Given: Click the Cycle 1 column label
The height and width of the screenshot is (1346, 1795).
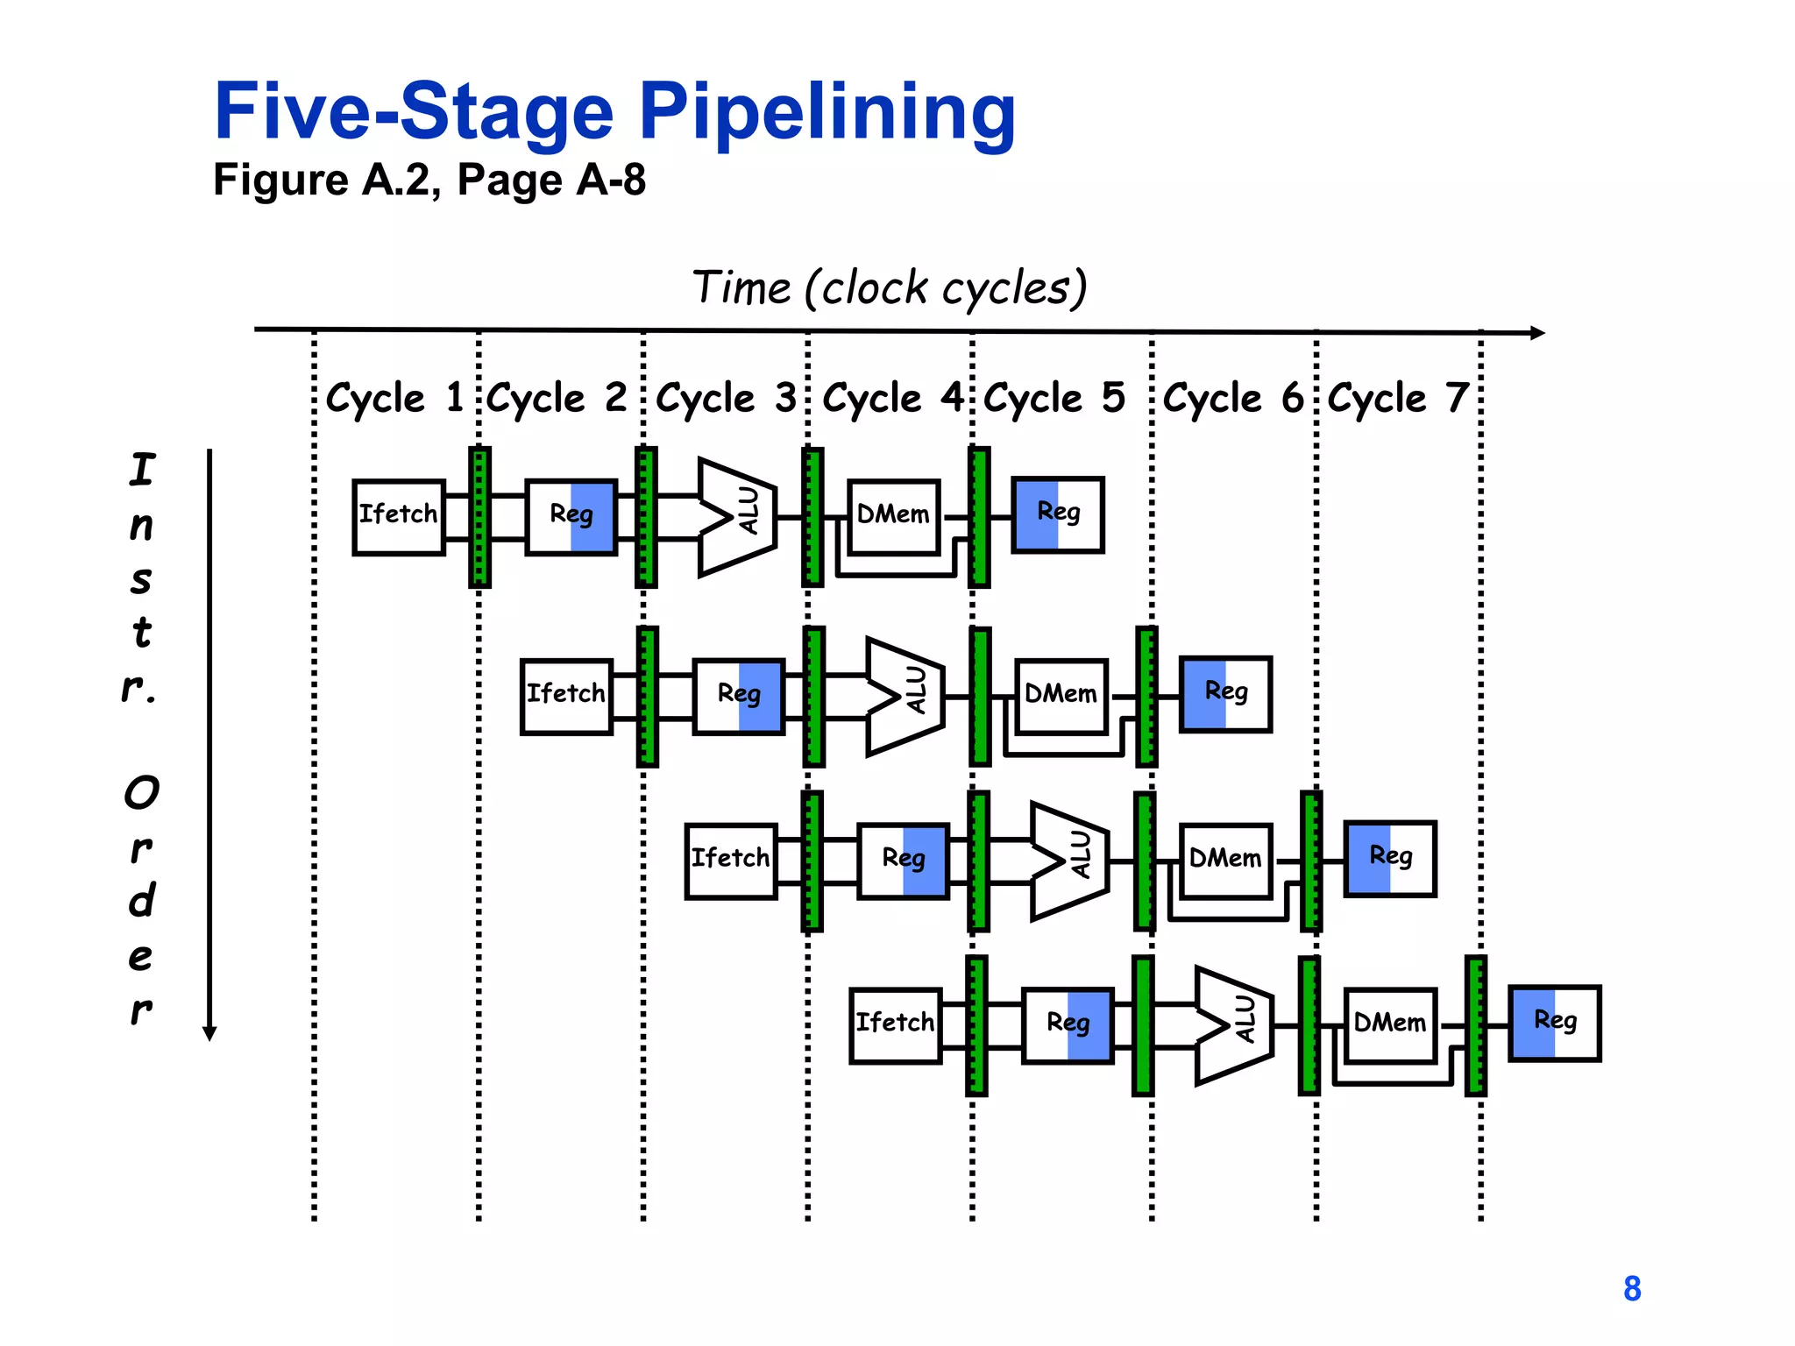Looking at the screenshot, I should [394, 399].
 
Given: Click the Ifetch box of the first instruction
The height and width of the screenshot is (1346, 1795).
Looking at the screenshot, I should [399, 517].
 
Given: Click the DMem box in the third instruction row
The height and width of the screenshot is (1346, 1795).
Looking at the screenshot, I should [1225, 861].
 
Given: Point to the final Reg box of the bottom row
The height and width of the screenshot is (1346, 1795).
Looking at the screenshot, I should [1555, 1023].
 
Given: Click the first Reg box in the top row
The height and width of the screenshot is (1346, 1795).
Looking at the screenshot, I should [571, 517].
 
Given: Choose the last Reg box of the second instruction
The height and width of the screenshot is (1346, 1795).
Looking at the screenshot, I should [1225, 693].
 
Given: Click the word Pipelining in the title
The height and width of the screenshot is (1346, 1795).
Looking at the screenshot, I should [827, 112].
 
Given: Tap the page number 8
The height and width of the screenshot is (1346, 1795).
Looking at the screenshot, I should [1632, 1289].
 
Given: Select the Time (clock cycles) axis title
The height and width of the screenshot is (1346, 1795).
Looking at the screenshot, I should [889, 288].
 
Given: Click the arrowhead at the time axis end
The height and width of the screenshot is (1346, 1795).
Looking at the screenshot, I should [1537, 333].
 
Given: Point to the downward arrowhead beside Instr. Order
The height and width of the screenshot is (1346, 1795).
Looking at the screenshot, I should [209, 1033].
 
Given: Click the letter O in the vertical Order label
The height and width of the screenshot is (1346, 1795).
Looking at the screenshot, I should [142, 793].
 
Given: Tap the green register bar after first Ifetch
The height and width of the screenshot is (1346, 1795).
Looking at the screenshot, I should [479, 517].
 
